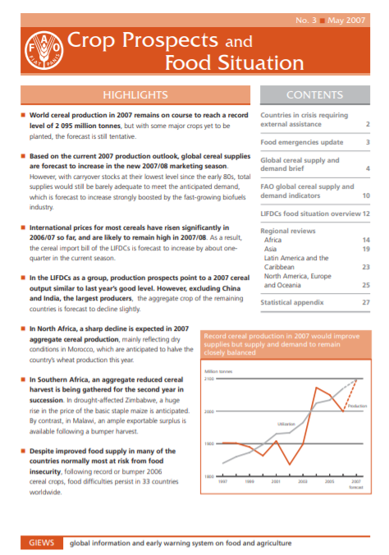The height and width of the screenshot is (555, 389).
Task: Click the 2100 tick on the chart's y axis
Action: pos(209,379)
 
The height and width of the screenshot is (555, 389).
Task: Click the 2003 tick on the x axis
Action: pos(302,482)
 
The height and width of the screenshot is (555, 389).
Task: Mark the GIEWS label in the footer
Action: pos(41,544)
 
